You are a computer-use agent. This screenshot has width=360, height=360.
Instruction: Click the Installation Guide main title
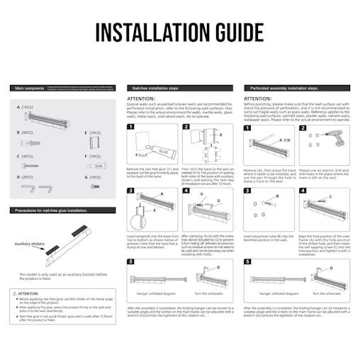180,33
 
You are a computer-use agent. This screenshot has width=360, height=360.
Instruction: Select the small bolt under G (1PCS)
94,189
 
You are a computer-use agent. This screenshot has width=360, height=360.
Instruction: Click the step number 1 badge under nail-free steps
130,128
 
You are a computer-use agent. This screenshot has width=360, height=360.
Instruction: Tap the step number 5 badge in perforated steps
247,261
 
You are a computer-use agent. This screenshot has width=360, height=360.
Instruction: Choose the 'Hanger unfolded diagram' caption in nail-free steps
152,293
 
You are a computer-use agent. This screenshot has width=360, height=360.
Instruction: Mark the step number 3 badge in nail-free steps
130,191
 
